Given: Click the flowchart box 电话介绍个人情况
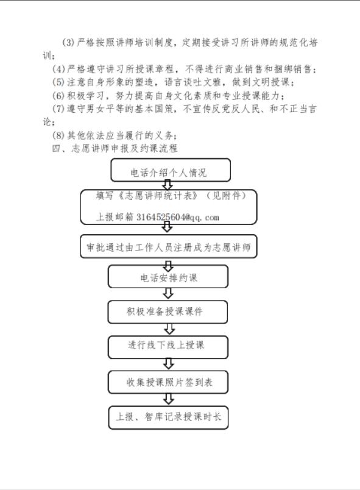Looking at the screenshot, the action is click(171, 170).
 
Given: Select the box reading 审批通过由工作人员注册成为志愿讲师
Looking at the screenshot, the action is click(169, 246).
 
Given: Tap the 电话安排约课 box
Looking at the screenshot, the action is click(168, 277).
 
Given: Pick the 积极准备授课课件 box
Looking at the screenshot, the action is click(168, 312).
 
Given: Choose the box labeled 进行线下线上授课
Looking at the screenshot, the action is click(168, 347).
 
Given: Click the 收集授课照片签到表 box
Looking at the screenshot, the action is click(168, 382).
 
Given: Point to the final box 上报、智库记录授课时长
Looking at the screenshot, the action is click(168, 417).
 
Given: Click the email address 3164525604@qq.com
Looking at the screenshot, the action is click(177, 217).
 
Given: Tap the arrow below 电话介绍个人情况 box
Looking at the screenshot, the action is click(168, 185).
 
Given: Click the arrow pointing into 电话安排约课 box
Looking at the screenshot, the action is click(168, 266).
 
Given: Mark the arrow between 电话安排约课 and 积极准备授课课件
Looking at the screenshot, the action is click(168, 293).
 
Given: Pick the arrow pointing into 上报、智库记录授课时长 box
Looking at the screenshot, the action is click(169, 399).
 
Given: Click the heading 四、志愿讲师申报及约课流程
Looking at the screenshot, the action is click(115, 148).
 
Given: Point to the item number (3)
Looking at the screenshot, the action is click(68, 42).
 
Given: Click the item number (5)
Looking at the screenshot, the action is click(58, 82).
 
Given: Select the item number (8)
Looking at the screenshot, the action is click(58, 135).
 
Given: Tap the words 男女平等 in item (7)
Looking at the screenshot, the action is click(104, 108).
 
